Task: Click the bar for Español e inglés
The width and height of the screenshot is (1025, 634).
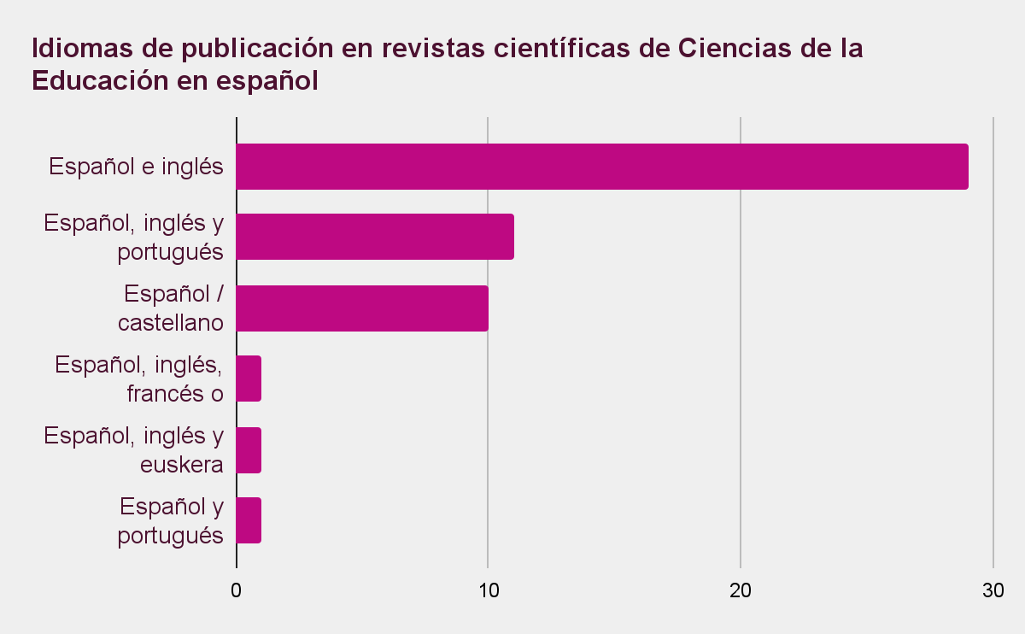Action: click(x=601, y=167)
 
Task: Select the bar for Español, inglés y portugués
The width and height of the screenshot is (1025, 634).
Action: click(x=374, y=237)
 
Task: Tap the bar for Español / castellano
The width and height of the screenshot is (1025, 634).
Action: click(x=361, y=308)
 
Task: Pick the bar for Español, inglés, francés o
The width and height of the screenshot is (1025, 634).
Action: click(x=249, y=379)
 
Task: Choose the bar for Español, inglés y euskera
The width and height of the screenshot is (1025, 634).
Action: click(x=249, y=450)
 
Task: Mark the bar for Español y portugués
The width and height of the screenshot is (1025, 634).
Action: click(x=249, y=520)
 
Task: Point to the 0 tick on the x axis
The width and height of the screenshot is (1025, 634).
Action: click(x=236, y=590)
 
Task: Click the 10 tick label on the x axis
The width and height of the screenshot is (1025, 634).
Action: click(x=488, y=590)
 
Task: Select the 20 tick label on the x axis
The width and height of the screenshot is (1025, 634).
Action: click(x=740, y=590)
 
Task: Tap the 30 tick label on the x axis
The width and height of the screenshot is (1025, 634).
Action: click(x=993, y=590)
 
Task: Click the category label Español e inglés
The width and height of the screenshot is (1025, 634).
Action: click(x=137, y=167)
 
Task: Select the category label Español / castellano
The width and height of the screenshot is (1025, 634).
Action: click(x=173, y=308)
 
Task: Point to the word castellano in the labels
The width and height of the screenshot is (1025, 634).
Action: click(x=170, y=323)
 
